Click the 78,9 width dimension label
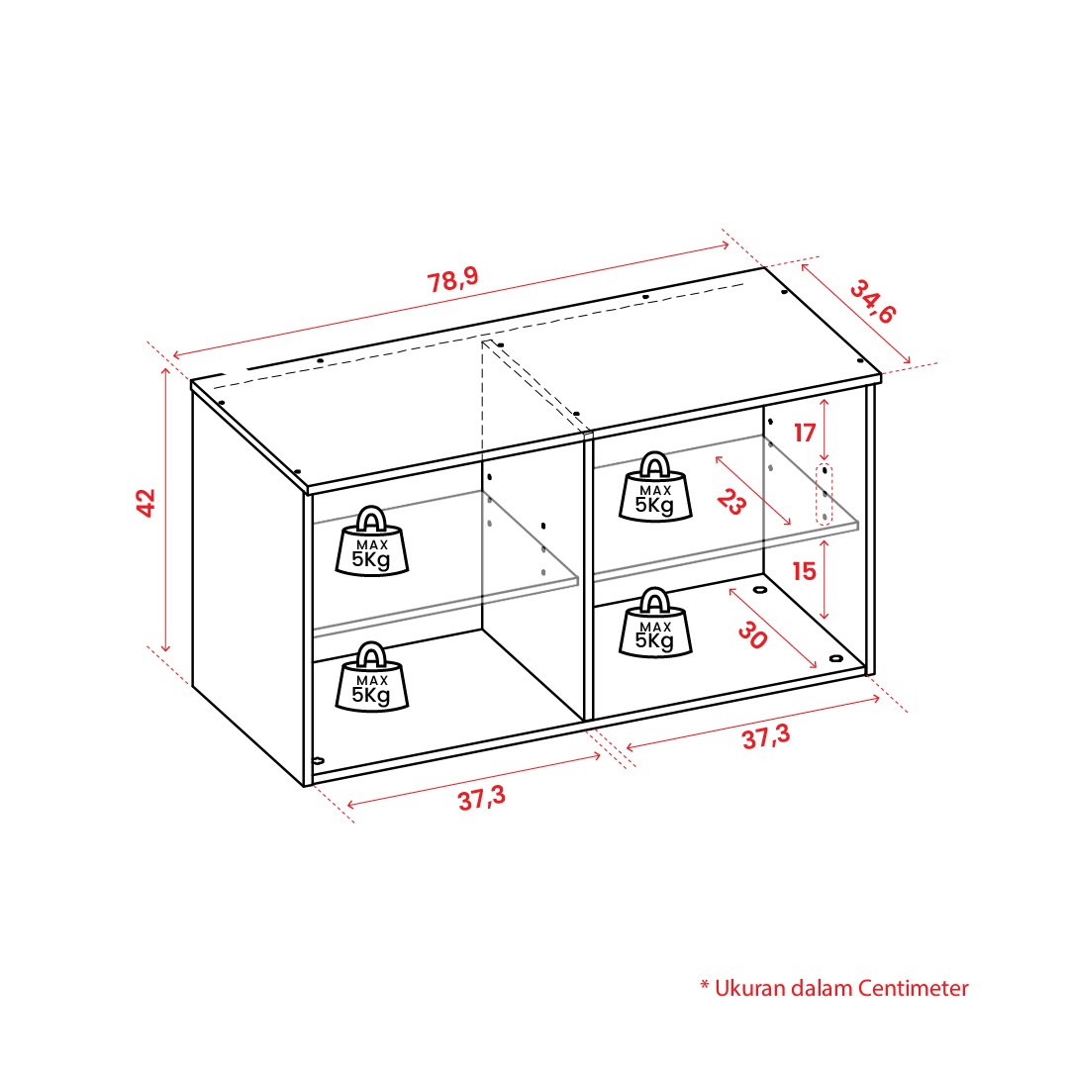pos(452,279)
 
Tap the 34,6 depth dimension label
pos(872,301)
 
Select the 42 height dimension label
pos(146,503)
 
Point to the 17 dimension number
pos(805,433)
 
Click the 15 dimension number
pos(805,571)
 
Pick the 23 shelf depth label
pos(731,502)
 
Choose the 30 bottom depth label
pos(752,635)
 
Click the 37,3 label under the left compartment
pos(482,798)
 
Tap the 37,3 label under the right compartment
pos(766,736)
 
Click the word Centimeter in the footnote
pos(913,988)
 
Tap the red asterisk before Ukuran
pos(705,986)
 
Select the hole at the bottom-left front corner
pos(318,760)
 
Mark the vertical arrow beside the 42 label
pos(165,509)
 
